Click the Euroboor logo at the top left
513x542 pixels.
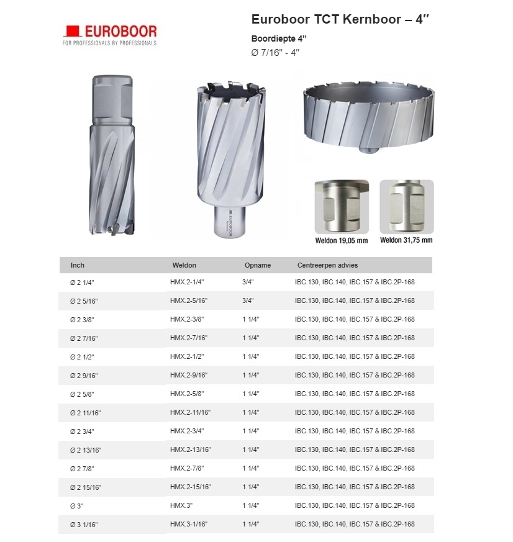pos(110,35)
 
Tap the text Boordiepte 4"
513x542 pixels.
pos(279,38)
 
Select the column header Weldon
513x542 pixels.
pos(184,265)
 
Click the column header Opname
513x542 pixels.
pos(258,265)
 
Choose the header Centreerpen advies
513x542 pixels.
pos(327,265)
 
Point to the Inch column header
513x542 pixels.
pos(78,265)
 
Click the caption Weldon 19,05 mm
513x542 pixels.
pos(341,240)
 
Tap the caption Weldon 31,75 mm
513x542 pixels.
pos(406,240)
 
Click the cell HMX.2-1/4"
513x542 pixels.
pos(187,282)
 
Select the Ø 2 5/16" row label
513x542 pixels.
pos(84,300)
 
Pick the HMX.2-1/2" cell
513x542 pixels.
pos(187,356)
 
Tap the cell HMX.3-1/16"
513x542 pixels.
pos(189,524)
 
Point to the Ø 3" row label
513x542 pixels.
pos(77,505)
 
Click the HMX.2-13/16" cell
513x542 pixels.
pos(191,449)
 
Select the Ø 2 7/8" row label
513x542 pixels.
pos(83,468)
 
